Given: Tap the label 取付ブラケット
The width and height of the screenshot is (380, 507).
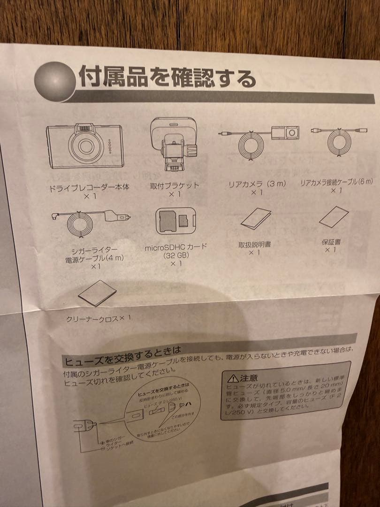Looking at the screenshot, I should [x=175, y=185].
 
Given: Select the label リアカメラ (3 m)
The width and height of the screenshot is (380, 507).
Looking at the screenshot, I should [x=257, y=184].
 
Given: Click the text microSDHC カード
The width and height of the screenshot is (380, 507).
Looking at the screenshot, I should [x=175, y=247].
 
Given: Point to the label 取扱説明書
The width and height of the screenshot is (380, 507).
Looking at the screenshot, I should [x=254, y=244].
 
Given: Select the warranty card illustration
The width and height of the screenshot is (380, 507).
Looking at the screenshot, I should [x=334, y=217].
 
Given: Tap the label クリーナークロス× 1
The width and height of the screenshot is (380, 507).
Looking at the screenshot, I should [x=99, y=318].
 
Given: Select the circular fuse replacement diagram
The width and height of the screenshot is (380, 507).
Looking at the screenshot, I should [x=164, y=406].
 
